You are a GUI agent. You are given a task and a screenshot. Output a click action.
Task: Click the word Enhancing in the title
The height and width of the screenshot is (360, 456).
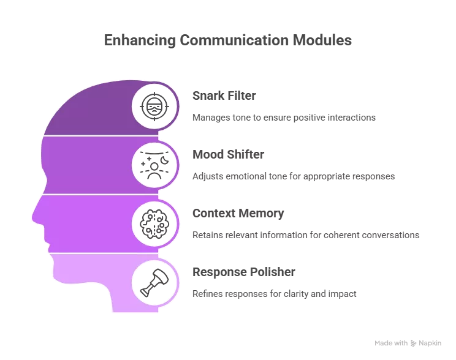(140, 40)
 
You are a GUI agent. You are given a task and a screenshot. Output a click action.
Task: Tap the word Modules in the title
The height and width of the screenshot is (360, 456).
(322, 40)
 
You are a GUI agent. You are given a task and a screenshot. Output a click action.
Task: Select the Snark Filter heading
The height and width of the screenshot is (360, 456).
(224, 96)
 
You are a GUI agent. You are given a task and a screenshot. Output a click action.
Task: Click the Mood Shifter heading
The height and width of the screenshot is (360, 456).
(228, 154)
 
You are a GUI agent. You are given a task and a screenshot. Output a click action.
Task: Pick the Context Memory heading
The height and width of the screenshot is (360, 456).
(238, 213)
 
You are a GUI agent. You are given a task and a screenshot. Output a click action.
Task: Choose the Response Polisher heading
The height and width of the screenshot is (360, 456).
(244, 272)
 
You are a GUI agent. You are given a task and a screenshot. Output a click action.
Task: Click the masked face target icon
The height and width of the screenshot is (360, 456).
(154, 107)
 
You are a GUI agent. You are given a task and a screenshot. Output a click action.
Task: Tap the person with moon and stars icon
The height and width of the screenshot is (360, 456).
(154, 165)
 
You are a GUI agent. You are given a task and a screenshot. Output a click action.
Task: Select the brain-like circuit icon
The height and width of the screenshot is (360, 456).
(154, 224)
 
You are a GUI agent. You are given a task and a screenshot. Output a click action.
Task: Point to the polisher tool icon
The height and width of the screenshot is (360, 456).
(154, 283)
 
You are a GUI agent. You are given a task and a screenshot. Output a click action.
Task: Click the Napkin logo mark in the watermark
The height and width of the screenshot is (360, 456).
(413, 343)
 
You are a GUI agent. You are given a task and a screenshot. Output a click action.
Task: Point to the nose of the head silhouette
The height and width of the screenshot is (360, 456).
(34, 217)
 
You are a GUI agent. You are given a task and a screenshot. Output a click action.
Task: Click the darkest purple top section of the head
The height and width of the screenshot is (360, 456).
(102, 108)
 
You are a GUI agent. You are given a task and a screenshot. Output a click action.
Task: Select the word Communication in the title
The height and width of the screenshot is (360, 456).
(234, 40)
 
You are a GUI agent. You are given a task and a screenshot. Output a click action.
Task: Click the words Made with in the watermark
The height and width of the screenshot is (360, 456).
(391, 343)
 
